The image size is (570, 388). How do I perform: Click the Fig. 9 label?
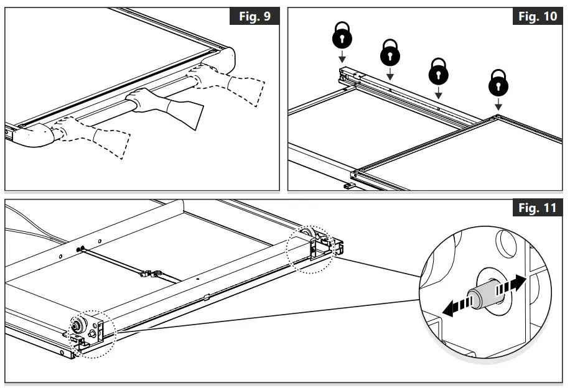tap(255, 17)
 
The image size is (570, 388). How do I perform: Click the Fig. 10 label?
tap(538, 17)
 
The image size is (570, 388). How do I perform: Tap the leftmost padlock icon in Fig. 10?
tap(342, 37)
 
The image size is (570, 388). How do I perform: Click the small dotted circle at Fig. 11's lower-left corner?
tap(91, 333)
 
